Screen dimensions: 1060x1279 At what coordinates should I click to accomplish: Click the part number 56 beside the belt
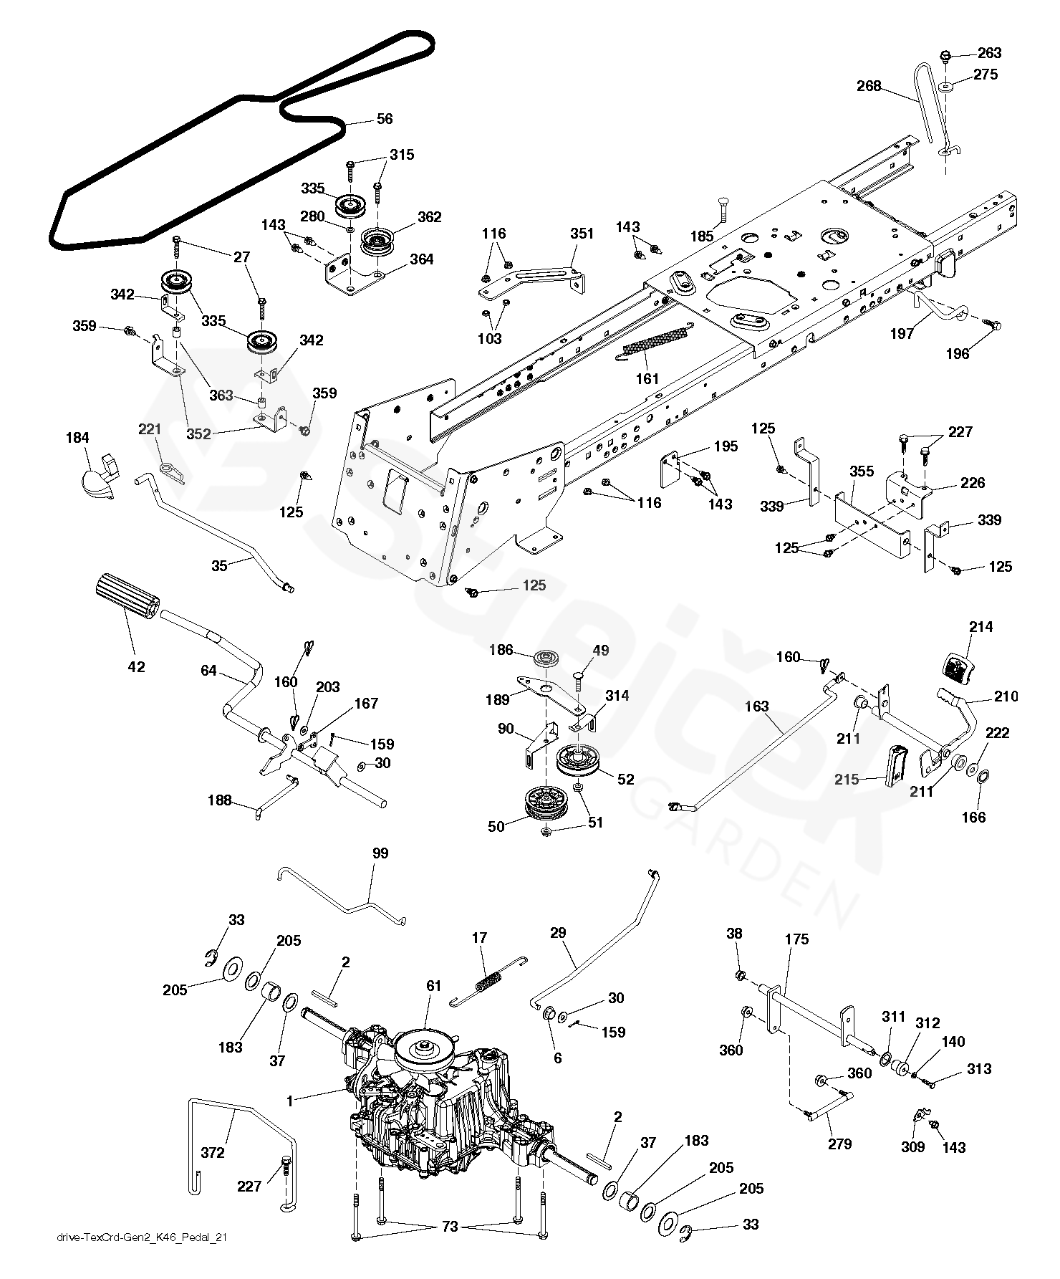coord(385,119)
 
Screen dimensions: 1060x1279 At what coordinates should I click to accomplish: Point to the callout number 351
coord(582,233)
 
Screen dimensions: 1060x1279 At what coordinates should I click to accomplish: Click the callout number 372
coord(213,1153)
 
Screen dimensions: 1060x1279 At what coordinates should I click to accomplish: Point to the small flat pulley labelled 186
coord(546,658)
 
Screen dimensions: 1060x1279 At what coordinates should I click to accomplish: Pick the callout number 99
coord(380,853)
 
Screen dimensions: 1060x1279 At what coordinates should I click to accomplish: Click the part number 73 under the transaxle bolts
coord(449,1227)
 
